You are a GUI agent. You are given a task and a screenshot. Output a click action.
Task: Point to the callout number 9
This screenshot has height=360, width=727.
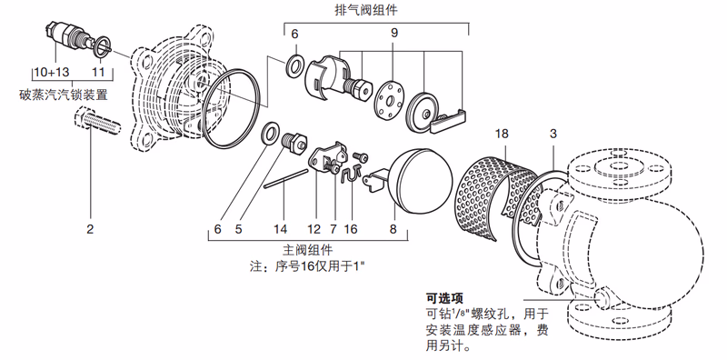394,34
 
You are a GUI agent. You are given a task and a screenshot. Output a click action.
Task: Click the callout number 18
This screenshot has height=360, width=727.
502,135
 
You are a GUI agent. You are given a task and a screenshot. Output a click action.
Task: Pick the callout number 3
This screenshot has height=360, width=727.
553,135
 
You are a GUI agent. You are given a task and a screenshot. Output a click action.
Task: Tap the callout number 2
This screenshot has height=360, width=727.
90,229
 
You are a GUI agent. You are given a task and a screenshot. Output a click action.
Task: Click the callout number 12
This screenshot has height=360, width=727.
314,229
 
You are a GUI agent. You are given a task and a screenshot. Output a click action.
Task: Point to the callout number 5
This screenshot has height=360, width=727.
239,229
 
